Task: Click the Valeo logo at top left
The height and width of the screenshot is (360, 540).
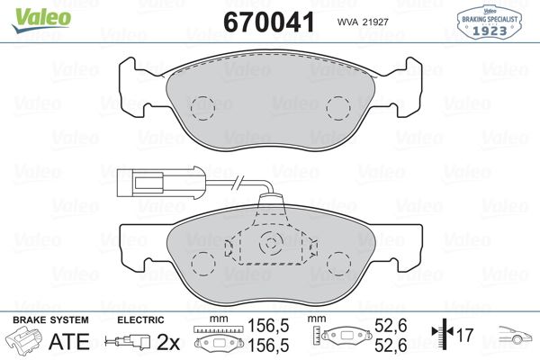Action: click(41, 20)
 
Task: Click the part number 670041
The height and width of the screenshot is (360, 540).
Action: click(269, 22)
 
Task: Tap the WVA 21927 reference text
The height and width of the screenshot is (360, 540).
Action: click(363, 22)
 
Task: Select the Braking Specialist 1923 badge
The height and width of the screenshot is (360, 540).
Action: click(489, 22)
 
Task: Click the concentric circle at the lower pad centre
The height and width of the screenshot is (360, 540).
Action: click(271, 244)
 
